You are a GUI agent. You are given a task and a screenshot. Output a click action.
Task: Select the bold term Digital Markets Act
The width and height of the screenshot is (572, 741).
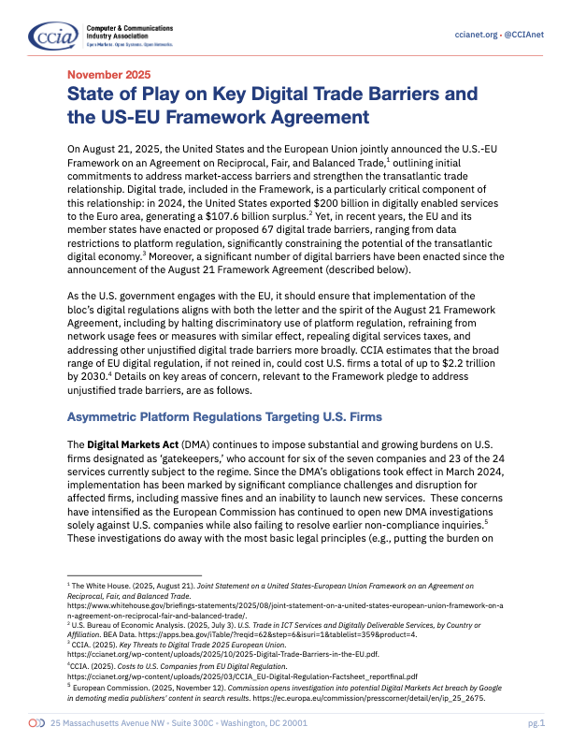click(x=126, y=442)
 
